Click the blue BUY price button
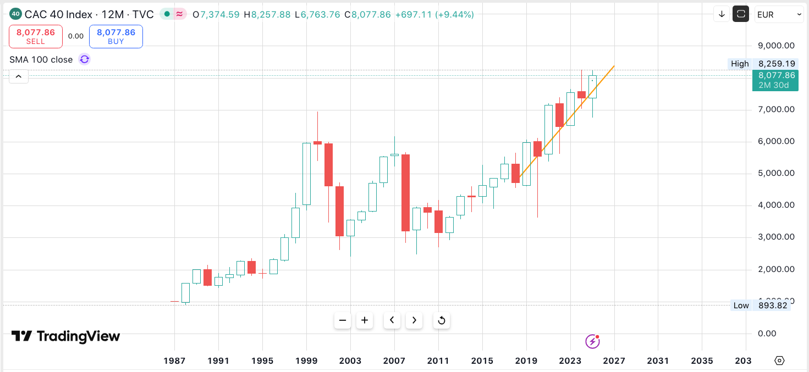coord(116,36)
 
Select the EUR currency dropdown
coord(779,14)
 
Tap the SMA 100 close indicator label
coord(41,59)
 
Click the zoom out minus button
coord(343,320)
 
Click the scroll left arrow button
coord(392,320)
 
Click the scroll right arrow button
coord(414,320)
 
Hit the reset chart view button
coord(441,320)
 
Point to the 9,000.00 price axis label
coord(776,46)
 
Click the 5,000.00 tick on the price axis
coord(776,173)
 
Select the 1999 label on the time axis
coord(306,361)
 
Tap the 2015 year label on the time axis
coord(482,361)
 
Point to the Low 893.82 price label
coord(761,306)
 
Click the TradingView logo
coord(65,336)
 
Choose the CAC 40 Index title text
coord(58,15)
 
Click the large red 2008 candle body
coord(405,193)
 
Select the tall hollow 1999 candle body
coord(306,174)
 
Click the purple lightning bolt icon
coord(592,341)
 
